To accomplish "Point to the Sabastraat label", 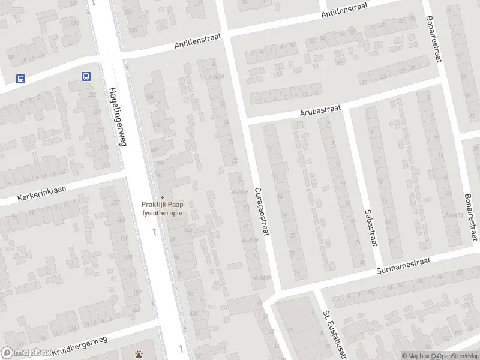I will tap(370, 227).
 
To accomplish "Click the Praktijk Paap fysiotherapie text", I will tap(161, 208).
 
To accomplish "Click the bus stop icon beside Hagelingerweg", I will tap(86, 76).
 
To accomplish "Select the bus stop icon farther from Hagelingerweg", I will tap(20, 79).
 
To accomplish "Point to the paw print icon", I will tap(140, 353).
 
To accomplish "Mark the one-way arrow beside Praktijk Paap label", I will tap(155, 230).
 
